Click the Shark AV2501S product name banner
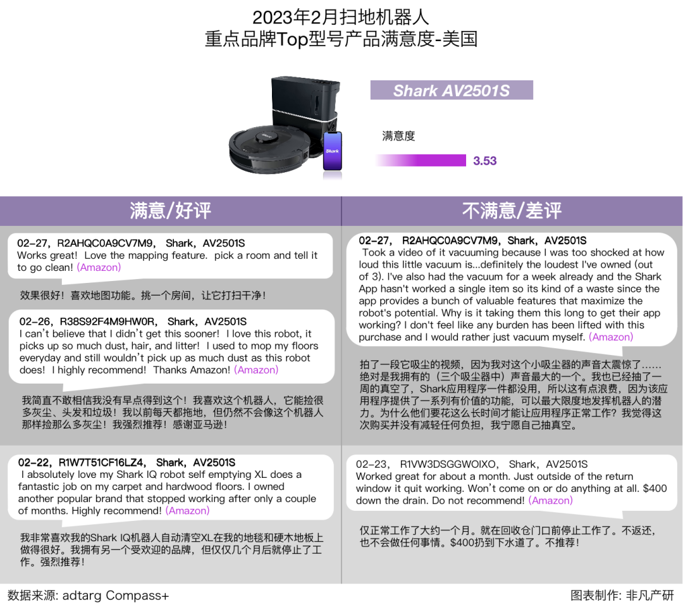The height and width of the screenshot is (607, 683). [x=452, y=91]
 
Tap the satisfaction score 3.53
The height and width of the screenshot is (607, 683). [x=485, y=161]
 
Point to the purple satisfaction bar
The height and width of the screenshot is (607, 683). [x=421, y=161]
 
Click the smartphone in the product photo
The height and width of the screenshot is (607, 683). [x=333, y=151]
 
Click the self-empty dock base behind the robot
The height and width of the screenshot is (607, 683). [x=305, y=101]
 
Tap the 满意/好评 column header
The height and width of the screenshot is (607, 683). [x=170, y=211]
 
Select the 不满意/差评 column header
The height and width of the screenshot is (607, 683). [x=512, y=211]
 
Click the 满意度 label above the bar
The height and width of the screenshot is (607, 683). [x=398, y=136]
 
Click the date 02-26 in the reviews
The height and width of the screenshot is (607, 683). [x=33, y=322]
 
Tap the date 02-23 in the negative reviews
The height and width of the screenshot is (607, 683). [x=369, y=465]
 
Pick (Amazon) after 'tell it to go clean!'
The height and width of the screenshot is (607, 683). [x=99, y=268]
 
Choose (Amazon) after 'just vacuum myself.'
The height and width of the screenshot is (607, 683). [x=611, y=337]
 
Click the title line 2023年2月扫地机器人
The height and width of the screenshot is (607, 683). [x=341, y=16]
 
